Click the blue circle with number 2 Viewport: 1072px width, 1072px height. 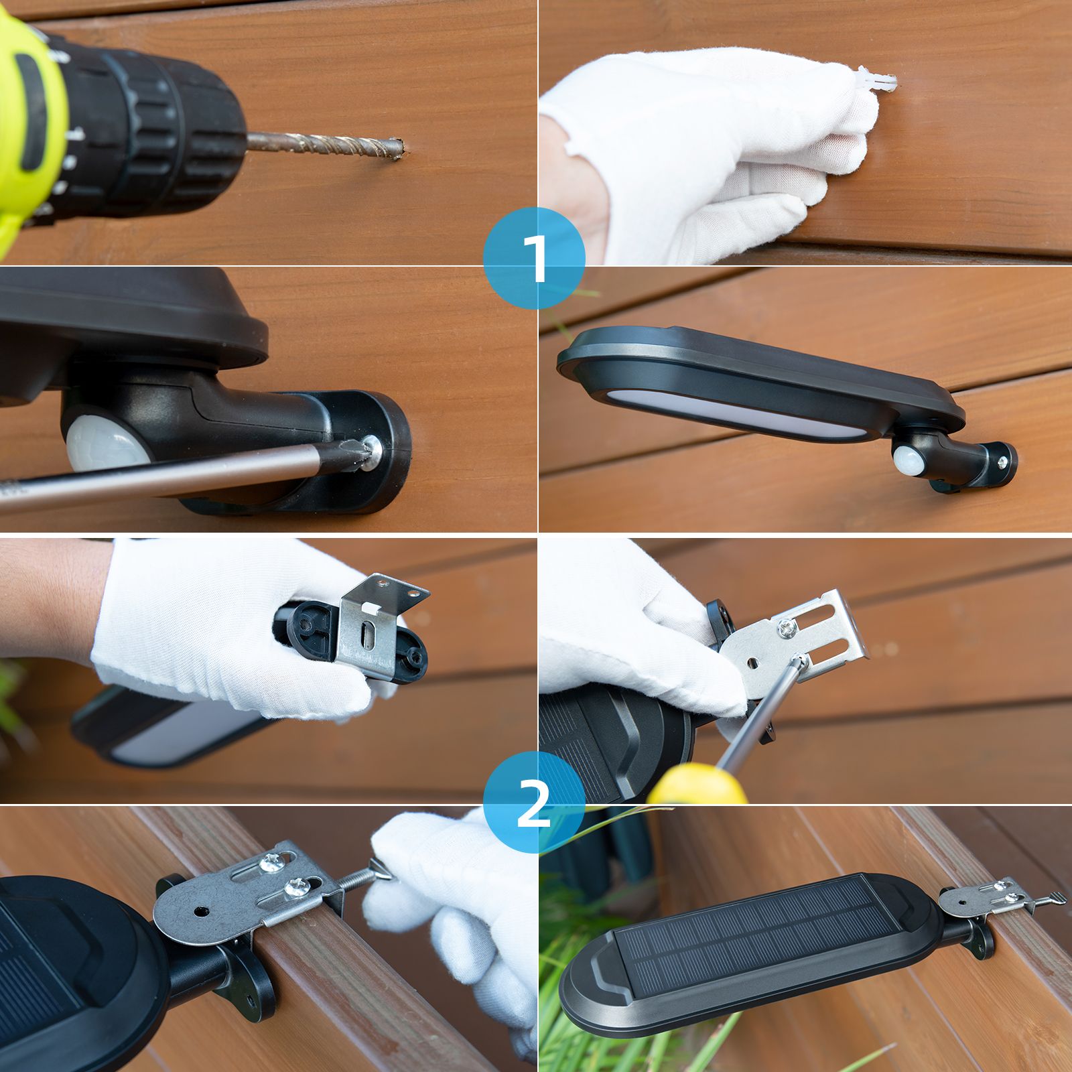pyautogui.click(x=534, y=803)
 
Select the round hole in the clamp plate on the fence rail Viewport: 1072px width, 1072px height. pyautogui.click(x=200, y=911)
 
